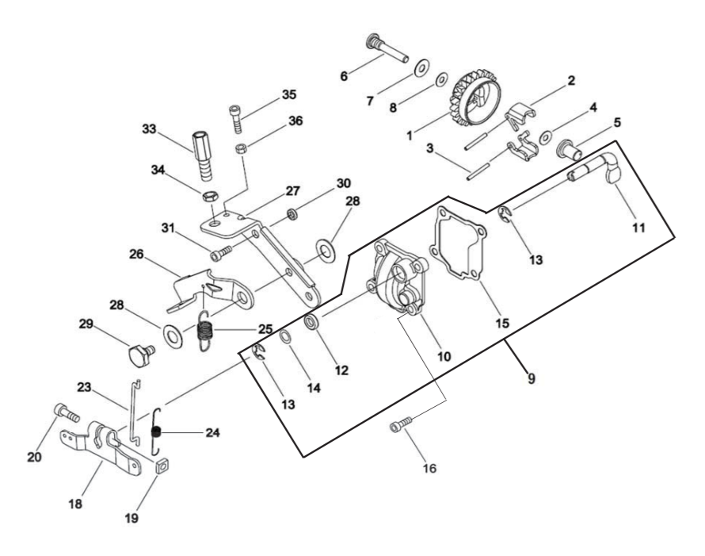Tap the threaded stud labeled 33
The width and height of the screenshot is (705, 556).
tap(203, 155)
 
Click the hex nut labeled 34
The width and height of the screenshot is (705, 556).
tap(210, 196)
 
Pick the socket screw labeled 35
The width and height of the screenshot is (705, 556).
tap(236, 118)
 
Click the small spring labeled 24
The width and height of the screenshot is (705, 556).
tap(156, 431)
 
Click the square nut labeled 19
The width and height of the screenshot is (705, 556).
tap(162, 467)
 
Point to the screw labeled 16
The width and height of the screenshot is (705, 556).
tap(401, 424)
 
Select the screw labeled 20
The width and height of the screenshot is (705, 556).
tap(67, 412)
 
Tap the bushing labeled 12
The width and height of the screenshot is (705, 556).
tap(311, 322)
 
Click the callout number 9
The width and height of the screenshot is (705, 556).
tap(532, 378)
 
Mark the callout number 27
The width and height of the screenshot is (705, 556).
tap(292, 190)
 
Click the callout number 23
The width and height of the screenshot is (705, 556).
tap(84, 387)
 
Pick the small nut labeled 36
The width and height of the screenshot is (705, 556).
tap(241, 148)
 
